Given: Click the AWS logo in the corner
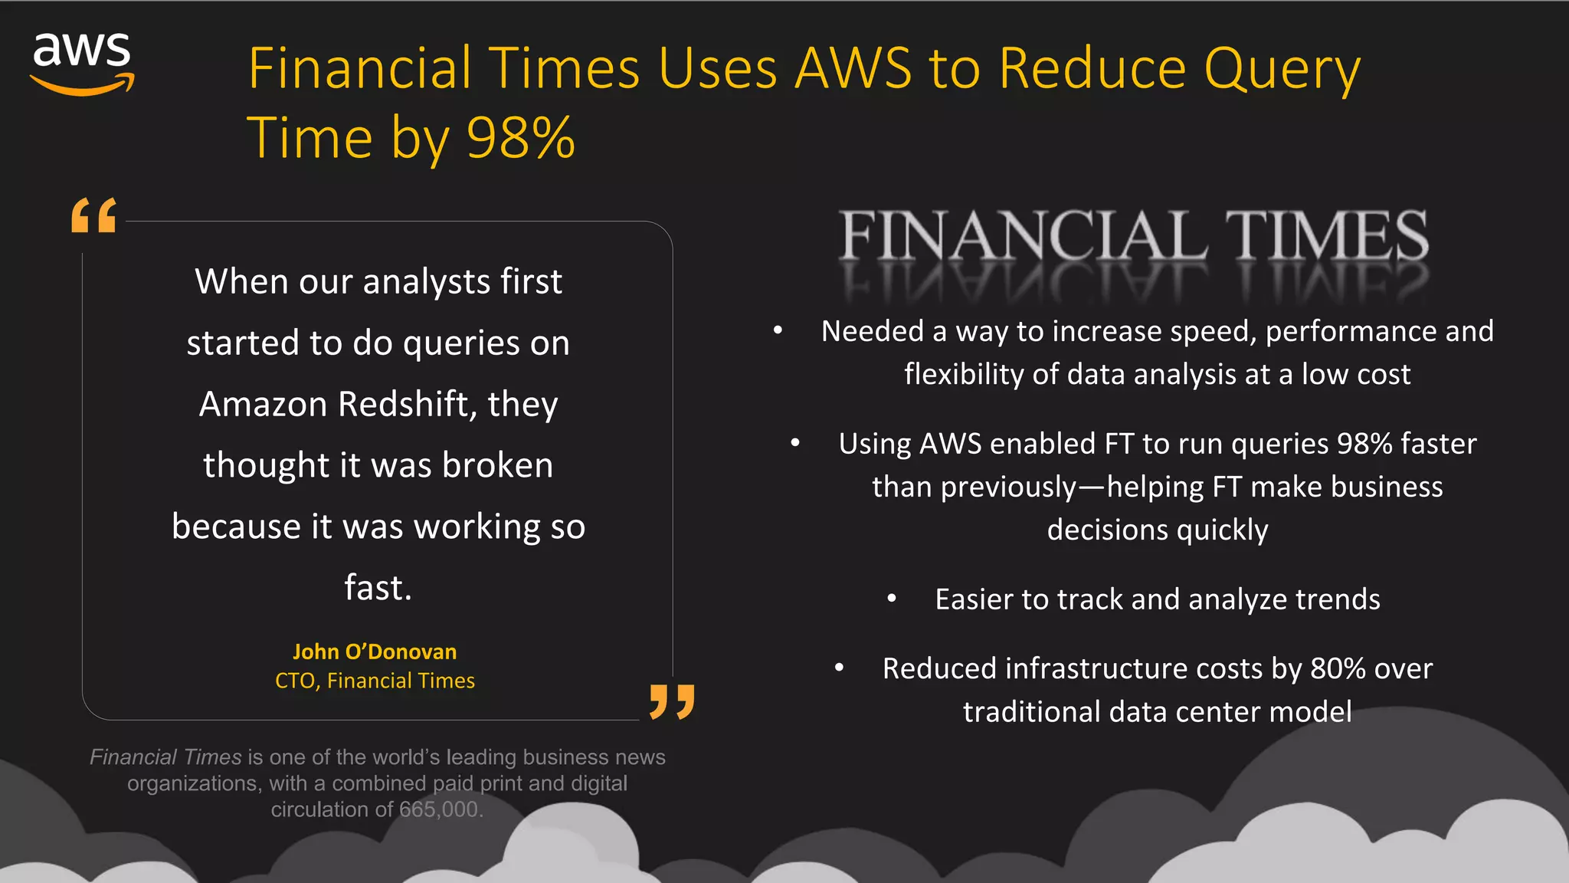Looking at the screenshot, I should pyautogui.click(x=82, y=63).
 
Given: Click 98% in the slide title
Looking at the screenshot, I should pyautogui.click(x=520, y=138).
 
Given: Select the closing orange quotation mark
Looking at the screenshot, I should pyautogui.click(x=672, y=701).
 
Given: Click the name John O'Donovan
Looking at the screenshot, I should pyautogui.click(x=375, y=652).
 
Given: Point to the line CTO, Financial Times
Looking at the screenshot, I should pyautogui.click(x=375, y=681).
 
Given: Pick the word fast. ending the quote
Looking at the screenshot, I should pyautogui.click(x=378, y=588).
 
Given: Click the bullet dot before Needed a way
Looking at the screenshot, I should pyautogui.click(x=778, y=330).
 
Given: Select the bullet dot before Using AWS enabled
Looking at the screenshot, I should pyautogui.click(x=795, y=443).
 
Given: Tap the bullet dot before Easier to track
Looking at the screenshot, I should pyautogui.click(x=892, y=599).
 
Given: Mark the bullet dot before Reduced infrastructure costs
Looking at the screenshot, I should pyautogui.click(x=840, y=668).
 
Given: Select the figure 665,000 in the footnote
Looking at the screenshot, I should pyautogui.click(x=441, y=809).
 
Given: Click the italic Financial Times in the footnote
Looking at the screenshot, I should pyautogui.click(x=165, y=757).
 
